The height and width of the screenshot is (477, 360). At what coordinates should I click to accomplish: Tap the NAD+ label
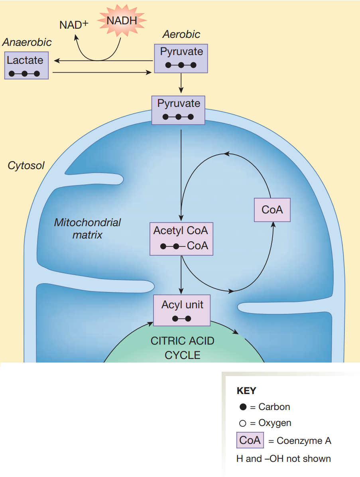[x=73, y=25]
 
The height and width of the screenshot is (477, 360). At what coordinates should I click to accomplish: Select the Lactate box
[x=26, y=65]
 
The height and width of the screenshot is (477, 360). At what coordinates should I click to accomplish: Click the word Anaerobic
[x=27, y=42]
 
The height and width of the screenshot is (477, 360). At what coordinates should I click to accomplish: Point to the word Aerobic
[x=181, y=34]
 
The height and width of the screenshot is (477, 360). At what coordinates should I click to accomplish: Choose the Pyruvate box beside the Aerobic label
[x=181, y=58]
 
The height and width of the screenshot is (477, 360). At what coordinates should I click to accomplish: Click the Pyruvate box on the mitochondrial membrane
[x=178, y=110]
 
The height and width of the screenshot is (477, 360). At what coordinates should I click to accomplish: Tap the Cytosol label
[x=26, y=165]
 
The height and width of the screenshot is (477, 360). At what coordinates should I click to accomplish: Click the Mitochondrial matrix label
[x=87, y=228]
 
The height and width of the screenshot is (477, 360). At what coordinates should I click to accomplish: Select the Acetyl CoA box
[x=181, y=238]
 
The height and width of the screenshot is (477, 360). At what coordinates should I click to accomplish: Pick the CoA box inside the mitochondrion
[x=272, y=210]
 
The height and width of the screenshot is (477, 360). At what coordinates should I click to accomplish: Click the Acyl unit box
[x=182, y=311]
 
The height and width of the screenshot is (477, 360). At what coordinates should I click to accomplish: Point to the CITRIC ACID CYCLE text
[x=182, y=348]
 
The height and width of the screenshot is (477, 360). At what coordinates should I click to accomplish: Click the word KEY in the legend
[x=246, y=391]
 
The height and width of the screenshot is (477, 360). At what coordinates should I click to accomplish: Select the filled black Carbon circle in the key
[x=243, y=407]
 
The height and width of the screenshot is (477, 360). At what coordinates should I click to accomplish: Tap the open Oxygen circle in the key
[x=243, y=423]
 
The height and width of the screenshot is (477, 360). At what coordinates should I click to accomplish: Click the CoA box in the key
[x=250, y=440]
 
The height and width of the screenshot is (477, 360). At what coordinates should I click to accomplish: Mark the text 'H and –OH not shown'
[x=283, y=459]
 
